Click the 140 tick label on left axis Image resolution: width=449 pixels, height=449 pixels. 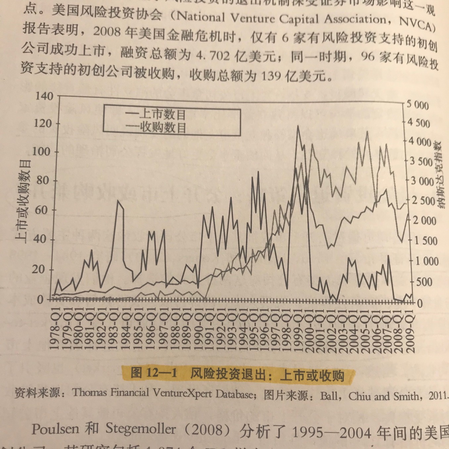click(44, 96)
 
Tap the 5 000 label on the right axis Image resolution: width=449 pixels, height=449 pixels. click(418, 105)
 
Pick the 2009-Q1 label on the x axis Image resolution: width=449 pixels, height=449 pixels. click(410, 331)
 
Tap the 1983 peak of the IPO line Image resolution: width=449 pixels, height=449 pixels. click(118, 201)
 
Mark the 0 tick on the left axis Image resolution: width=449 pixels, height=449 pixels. click(40, 300)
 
